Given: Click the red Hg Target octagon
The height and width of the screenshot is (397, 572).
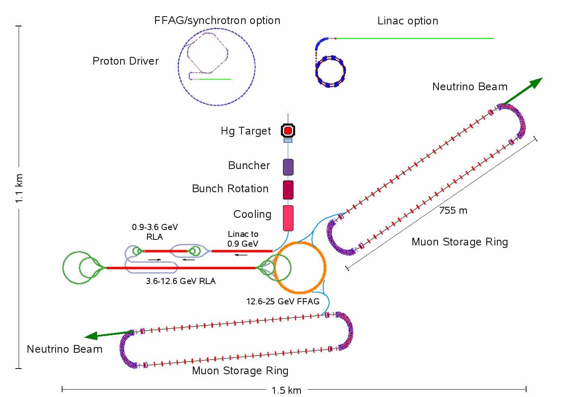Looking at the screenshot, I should pyautogui.click(x=288, y=130).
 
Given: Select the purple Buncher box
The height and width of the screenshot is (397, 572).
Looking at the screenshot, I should pyautogui.click(x=288, y=167).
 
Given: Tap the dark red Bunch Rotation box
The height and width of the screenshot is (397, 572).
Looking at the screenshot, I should pyautogui.click(x=288, y=190).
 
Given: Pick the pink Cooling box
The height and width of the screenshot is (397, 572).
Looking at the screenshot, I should pyautogui.click(x=288, y=218).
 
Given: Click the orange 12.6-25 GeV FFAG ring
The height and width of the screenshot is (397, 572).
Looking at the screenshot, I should pyautogui.click(x=324, y=267).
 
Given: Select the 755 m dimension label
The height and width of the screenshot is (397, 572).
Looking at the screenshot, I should pyautogui.click(x=453, y=210).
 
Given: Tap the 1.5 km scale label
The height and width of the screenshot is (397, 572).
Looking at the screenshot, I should pyautogui.click(x=286, y=390).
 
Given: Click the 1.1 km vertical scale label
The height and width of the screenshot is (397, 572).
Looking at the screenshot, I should pyautogui.click(x=19, y=188).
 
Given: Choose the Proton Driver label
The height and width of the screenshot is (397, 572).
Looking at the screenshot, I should pyautogui.click(x=125, y=61).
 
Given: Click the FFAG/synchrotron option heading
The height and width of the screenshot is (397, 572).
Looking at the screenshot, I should pyautogui.click(x=217, y=20).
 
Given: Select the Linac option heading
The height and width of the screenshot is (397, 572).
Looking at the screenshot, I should pyautogui.click(x=408, y=21).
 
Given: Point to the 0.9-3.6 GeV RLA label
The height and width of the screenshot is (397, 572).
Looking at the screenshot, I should pyautogui.click(x=155, y=232).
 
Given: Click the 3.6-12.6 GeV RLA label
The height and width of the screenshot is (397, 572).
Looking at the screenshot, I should pyautogui.click(x=181, y=281).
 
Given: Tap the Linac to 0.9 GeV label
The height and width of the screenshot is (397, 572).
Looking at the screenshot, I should pyautogui.click(x=243, y=239).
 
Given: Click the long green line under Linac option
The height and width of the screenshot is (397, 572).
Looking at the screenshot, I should pyautogui.click(x=414, y=39).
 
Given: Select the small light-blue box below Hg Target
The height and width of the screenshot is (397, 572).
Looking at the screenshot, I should pyautogui.click(x=288, y=141).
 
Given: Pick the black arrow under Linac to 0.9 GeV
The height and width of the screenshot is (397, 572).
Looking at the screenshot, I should pyautogui.click(x=241, y=255).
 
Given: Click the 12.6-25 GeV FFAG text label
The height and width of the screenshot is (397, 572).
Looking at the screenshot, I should pyautogui.click(x=283, y=301).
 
